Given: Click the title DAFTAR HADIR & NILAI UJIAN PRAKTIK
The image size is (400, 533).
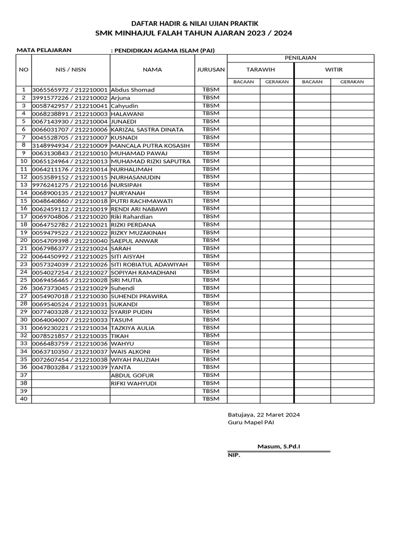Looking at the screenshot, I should click(194, 23).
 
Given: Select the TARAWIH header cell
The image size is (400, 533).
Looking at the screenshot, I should click(260, 69).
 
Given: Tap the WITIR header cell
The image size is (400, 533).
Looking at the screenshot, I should click(334, 69).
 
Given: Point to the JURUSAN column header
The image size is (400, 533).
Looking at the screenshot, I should click(211, 69).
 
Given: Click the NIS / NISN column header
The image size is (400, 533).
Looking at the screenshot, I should click(70, 69).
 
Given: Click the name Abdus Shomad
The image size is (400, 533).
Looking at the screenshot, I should click(133, 90).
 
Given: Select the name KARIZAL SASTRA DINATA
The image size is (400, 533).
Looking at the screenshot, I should click(147, 130).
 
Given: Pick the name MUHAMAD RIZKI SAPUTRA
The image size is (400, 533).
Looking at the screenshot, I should click(151, 161).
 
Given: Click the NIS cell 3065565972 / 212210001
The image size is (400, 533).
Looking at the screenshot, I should click(70, 90).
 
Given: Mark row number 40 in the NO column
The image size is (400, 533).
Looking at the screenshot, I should click(23, 399).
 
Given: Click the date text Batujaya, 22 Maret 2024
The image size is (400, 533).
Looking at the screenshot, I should click(264, 415).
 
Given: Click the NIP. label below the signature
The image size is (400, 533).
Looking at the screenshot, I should click(234, 455).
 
